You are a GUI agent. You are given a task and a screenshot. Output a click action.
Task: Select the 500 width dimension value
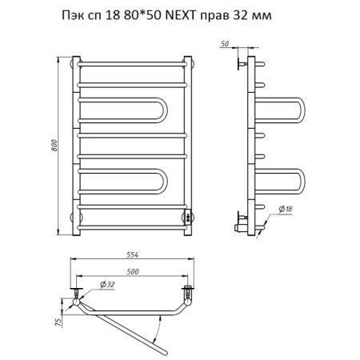tap(132, 271)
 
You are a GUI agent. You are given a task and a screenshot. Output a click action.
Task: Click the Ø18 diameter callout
tap(286, 210)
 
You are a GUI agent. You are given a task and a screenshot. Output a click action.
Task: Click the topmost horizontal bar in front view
tap(132, 62)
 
